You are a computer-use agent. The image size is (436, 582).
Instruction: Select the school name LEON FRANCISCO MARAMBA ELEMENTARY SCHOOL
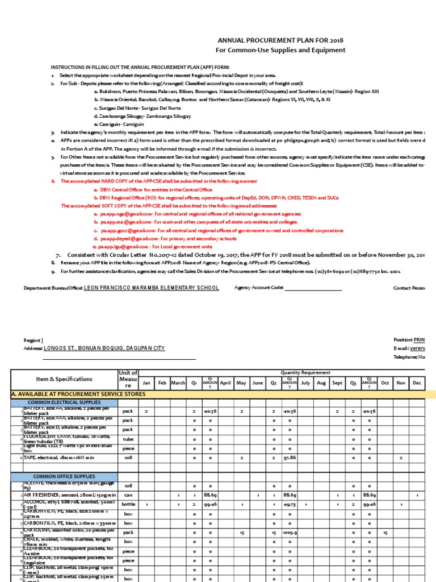click(151, 288)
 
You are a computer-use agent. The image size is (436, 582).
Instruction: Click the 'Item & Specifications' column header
click(64, 379)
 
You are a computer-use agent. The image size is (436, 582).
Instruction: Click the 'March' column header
click(178, 383)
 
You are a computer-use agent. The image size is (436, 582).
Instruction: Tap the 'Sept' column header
click(337, 383)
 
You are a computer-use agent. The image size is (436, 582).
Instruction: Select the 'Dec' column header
click(417, 383)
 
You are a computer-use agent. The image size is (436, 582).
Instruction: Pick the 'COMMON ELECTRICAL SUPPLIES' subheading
click(64, 403)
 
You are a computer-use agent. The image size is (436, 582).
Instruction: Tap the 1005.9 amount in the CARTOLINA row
click(290, 533)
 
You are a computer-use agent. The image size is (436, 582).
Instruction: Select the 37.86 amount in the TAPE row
click(290, 458)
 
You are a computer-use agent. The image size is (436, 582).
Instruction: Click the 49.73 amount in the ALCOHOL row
click(290, 505)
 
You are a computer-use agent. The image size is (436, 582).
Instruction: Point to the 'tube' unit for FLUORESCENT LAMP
click(128, 439)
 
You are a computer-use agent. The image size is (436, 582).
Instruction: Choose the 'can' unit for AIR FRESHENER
click(128, 496)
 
